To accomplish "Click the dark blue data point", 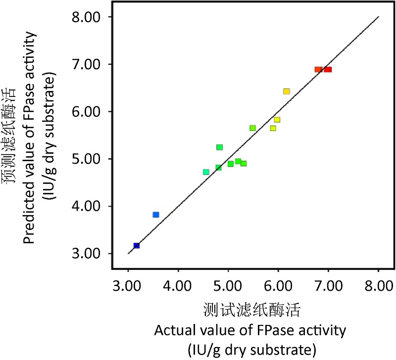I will pyautogui.click(x=137, y=245).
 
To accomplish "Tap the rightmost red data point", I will pyautogui.click(x=328, y=70).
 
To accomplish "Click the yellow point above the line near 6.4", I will pyautogui.click(x=286, y=91).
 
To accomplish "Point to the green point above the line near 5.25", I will pyautogui.click(x=220, y=147).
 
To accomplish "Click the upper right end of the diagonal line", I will pyautogui.click(x=379, y=17).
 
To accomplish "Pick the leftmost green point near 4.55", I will pyautogui.click(x=206, y=172).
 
